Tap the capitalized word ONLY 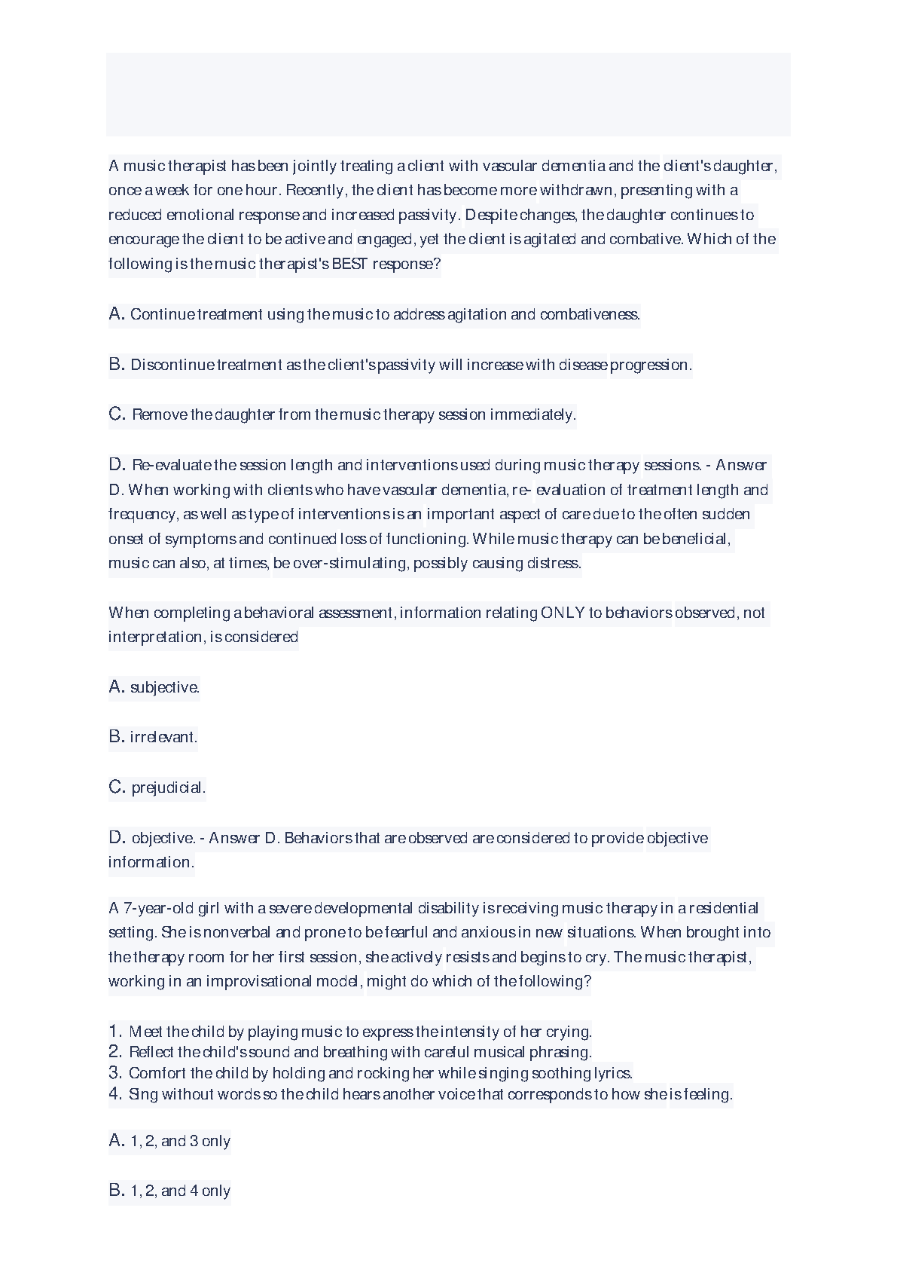point(562,613)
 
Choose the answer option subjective point(164,687)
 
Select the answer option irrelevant point(163,737)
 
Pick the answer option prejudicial point(169,788)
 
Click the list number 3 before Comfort point(114,1073)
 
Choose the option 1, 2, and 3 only point(180,1142)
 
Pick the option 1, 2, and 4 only point(180,1191)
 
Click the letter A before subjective point(116,686)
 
